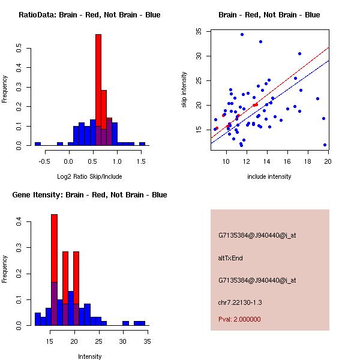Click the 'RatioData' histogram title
coord(89,15)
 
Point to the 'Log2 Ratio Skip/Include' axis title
coord(90,176)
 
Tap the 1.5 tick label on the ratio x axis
coord(141,161)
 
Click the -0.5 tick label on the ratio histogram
coord(46,161)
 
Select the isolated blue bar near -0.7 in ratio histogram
coord(37,144)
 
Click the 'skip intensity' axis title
coord(184,90)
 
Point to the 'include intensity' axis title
coord(270,176)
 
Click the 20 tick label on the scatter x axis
coord(328,161)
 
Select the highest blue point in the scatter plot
coord(242,34)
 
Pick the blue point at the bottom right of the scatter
coord(325,145)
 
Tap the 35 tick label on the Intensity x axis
coord(147,341)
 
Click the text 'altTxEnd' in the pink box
coord(230,258)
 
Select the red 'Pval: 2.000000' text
coord(239,319)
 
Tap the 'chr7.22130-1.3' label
coord(239,301)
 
